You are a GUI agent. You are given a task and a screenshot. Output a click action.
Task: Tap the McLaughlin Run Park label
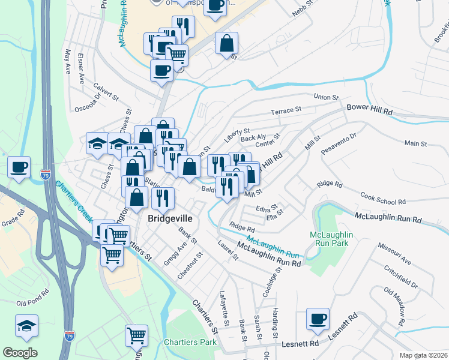(331, 239)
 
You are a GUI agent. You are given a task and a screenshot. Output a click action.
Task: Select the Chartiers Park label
(190, 342)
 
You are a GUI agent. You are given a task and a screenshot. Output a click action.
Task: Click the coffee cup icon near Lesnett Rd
(318, 319)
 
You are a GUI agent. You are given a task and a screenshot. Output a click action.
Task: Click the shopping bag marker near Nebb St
(227, 44)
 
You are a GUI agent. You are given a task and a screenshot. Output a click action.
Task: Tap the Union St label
(327, 97)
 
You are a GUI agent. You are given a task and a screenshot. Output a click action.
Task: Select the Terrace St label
(285, 111)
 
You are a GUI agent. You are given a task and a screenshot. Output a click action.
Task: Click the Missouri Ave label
(394, 254)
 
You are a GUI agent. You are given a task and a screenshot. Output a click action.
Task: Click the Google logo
(20, 353)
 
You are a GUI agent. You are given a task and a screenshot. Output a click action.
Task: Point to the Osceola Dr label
(88, 103)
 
